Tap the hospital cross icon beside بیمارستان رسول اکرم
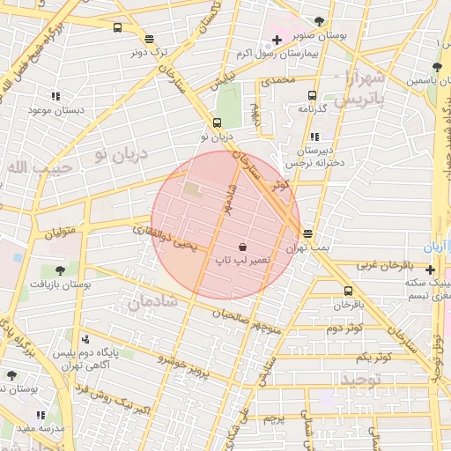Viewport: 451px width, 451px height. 277,40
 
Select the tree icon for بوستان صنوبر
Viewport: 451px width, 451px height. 318,21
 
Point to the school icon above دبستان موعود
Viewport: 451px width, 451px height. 55,95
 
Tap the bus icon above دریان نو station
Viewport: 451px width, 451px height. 217,122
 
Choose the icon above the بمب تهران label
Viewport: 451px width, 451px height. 307,233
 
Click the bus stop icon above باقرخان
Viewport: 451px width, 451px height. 348,291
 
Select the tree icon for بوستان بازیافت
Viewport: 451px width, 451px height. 60,270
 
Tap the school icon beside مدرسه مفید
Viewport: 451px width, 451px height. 40,414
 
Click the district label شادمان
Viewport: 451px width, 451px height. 153,301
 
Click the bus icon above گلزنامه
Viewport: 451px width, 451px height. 312,95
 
